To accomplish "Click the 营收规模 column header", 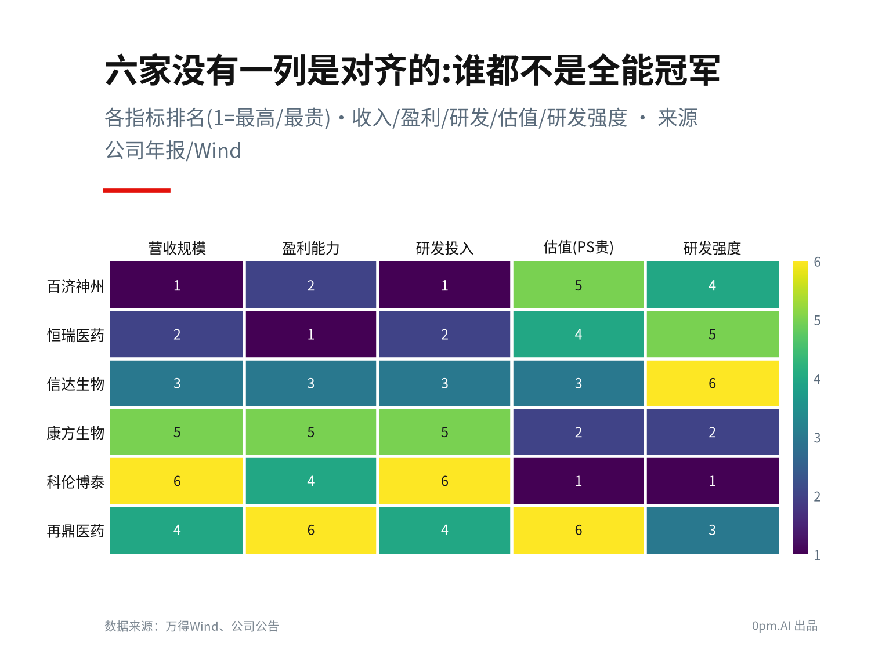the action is point(177,248).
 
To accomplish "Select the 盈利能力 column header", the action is point(310,248).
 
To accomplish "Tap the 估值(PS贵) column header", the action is point(578,247).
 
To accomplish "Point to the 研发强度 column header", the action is point(711,248).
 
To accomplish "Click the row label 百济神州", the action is point(75,286).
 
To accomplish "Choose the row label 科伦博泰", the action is point(75,481).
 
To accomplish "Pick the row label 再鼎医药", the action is point(75,531).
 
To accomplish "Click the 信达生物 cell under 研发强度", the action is point(713,383).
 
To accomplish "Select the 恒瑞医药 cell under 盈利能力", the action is point(310,334).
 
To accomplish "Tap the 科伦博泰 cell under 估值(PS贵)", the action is point(578,481).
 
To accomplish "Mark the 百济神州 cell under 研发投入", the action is point(444,285).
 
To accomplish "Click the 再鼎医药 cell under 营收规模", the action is point(176,531).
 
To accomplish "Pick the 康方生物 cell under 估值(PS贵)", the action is point(578,432).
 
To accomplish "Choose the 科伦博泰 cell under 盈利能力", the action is point(310,481).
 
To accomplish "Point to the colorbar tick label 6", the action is point(817,262).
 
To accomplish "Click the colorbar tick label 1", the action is point(817,555).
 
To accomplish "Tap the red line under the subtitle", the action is point(136,190).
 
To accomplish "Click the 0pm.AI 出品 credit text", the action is point(785,626).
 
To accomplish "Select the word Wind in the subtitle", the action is point(218,151).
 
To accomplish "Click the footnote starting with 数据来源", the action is point(191,626).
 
